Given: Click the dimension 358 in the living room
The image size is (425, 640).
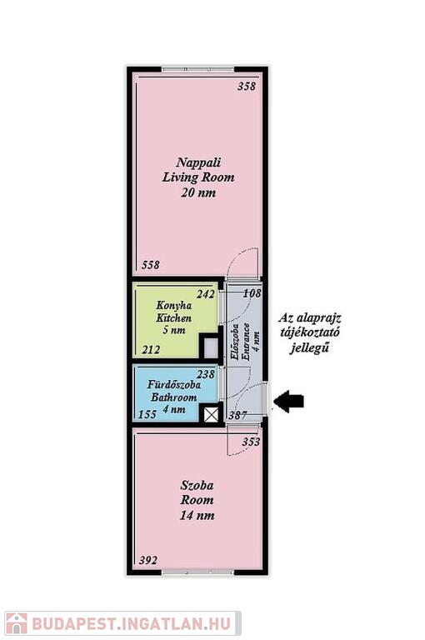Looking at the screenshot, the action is click(247, 86).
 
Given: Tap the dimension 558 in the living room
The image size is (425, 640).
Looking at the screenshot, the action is click(151, 265).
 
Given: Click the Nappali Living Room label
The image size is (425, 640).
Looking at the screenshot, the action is click(198, 177).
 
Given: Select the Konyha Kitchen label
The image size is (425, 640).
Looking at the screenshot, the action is click(174, 317).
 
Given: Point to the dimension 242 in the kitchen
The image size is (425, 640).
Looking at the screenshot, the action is click(206, 294).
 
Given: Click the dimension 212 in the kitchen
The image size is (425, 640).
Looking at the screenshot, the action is click(151, 350).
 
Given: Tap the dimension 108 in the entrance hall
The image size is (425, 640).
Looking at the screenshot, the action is click(252, 293).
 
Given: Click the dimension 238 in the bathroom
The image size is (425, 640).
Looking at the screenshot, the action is click(206, 374).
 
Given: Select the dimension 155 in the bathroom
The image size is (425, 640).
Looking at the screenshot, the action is click(147, 414).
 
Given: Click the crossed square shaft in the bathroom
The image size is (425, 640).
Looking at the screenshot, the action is click(211, 416).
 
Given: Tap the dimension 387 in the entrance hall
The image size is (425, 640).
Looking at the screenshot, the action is click(237, 416).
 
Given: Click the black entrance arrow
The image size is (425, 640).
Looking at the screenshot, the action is click(288, 401).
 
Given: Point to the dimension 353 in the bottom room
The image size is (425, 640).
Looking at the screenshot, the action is click(251, 442).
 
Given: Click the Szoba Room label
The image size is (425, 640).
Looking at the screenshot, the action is click(197, 500).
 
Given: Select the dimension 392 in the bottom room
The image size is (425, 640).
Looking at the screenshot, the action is click(147, 560).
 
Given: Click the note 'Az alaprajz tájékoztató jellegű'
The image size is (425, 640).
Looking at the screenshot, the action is click(309, 332).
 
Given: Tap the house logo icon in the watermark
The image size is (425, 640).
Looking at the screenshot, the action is click(17, 623).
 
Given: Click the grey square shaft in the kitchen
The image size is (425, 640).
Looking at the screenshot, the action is click(211, 347).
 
